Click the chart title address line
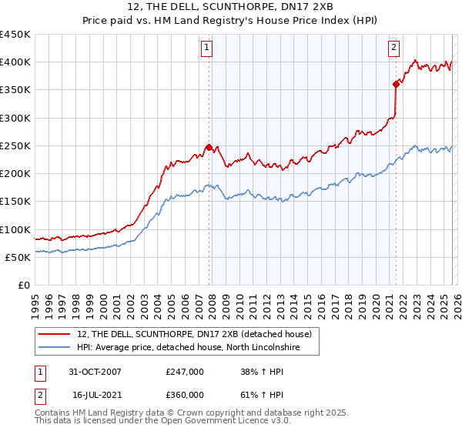(x=230, y=7)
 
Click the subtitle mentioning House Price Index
(x=230, y=21)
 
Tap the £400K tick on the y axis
(x=15, y=62)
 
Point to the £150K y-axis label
(x=15, y=202)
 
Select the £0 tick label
(x=23, y=286)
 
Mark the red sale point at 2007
(x=209, y=147)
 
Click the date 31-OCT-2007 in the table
(x=95, y=372)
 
